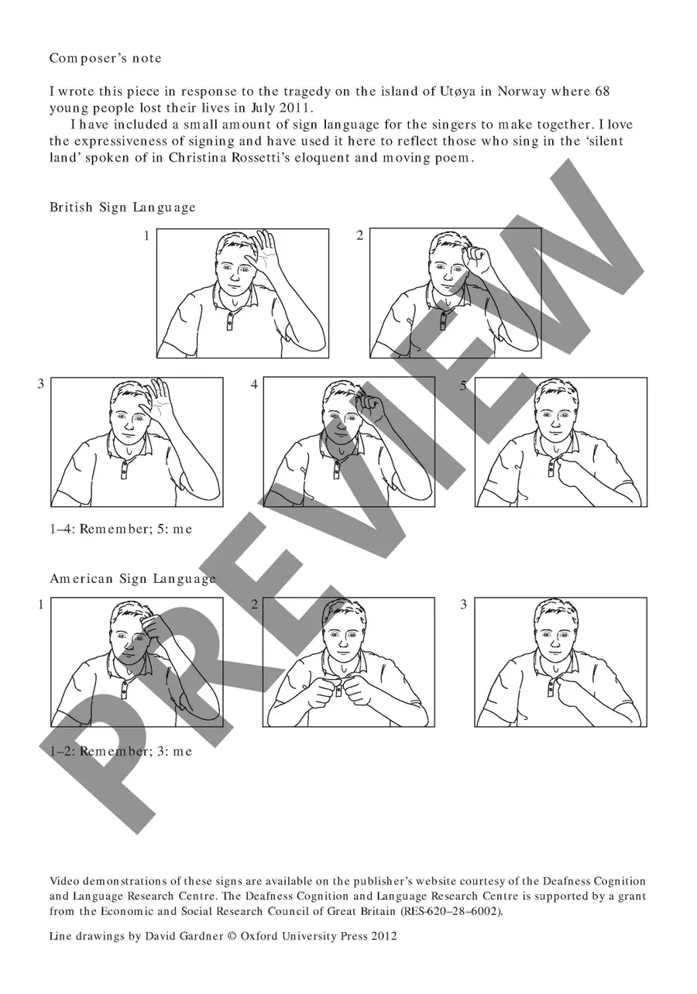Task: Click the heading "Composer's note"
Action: coord(105,59)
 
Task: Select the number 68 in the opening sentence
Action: coord(603,91)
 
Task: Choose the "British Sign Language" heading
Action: coord(122,207)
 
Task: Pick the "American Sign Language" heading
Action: coord(132,578)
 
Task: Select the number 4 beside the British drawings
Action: coord(254,385)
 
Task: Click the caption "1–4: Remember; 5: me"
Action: coord(121,529)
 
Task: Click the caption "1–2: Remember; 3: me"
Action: coord(121,751)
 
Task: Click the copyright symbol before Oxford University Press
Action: coord(232,936)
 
